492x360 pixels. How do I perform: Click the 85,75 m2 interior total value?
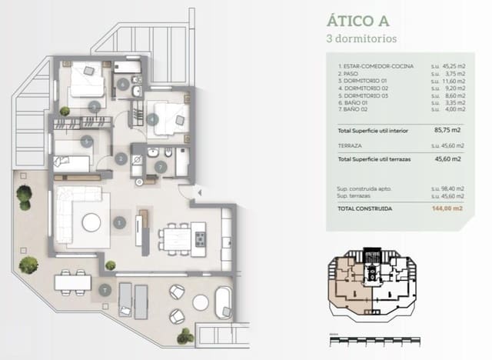coord(447,131)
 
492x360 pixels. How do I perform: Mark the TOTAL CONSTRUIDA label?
coord(365,208)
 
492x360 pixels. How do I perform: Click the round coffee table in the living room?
coord(91,222)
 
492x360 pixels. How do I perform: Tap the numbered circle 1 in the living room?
coord(120,222)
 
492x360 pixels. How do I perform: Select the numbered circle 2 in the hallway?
coord(121,159)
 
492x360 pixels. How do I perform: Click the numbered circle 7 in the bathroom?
coord(160,165)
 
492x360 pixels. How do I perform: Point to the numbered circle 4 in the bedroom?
coord(153,119)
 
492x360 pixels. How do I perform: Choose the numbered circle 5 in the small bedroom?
coord(88,141)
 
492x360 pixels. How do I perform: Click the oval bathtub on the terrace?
coord(224,302)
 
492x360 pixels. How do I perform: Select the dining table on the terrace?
coord(73,282)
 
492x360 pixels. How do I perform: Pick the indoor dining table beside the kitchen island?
coord(176,238)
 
